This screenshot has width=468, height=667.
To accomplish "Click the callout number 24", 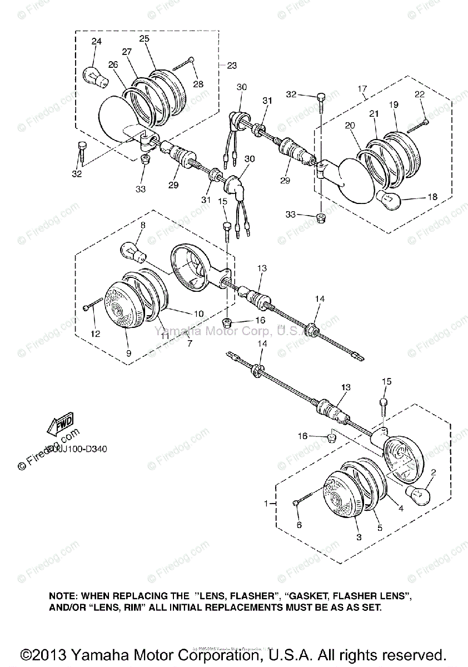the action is pyautogui.click(x=97, y=41).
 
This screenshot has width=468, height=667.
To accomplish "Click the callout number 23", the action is pyautogui.click(x=231, y=65).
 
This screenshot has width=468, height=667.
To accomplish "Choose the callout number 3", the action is pyautogui.click(x=359, y=536).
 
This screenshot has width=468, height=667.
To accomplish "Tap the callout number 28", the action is pyautogui.click(x=198, y=84).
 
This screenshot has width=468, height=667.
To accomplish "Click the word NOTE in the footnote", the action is pyautogui.click(x=62, y=595).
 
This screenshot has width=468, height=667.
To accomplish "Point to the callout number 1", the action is pyautogui.click(x=266, y=503).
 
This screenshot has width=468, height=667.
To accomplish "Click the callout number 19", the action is pyautogui.click(x=394, y=104).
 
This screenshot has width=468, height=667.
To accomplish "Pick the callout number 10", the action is pyautogui.click(x=198, y=313).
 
